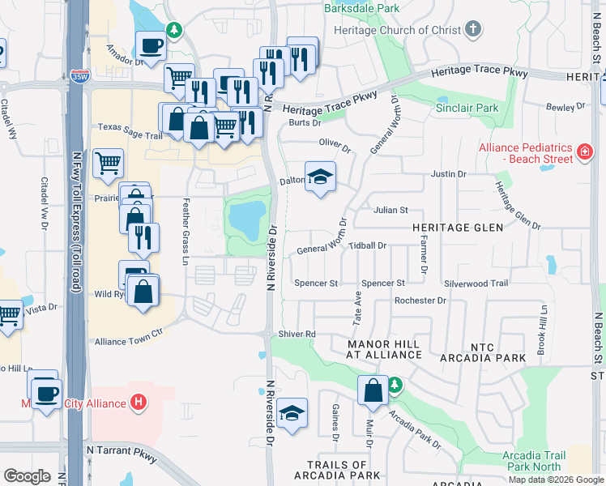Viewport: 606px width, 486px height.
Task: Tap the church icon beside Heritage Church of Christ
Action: [474, 30]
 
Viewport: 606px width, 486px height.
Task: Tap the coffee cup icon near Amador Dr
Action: [151, 46]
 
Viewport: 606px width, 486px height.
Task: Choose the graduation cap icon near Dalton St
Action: [320, 177]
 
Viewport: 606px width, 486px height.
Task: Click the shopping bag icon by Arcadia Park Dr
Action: [373, 391]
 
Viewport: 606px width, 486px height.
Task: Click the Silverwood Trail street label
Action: [476, 283]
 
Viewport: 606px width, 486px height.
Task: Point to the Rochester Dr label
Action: [420, 301]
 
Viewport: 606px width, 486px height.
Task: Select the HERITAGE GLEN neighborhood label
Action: [452, 228]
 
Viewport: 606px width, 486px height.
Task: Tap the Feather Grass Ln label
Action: [186, 231]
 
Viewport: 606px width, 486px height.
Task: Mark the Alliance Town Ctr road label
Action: [129, 342]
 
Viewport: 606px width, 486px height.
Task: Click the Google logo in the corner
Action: [27, 475]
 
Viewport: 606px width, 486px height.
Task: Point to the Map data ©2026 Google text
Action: [555, 480]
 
